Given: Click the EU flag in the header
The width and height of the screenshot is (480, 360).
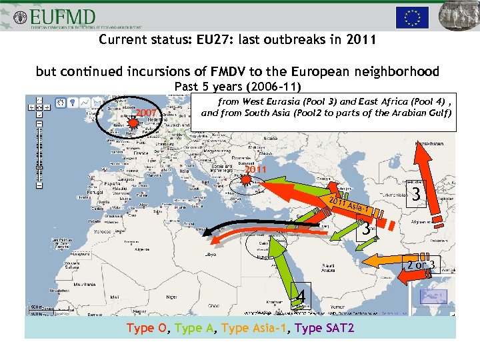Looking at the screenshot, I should [412, 18].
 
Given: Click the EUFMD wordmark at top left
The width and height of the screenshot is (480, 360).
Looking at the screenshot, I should [63, 16].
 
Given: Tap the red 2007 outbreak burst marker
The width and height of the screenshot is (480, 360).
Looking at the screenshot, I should [133, 123].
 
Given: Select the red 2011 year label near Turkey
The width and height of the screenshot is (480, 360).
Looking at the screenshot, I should [255, 170].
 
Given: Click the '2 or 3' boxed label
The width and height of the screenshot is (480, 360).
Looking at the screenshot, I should [421, 265].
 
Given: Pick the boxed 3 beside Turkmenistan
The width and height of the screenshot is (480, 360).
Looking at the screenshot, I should [416, 196].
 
